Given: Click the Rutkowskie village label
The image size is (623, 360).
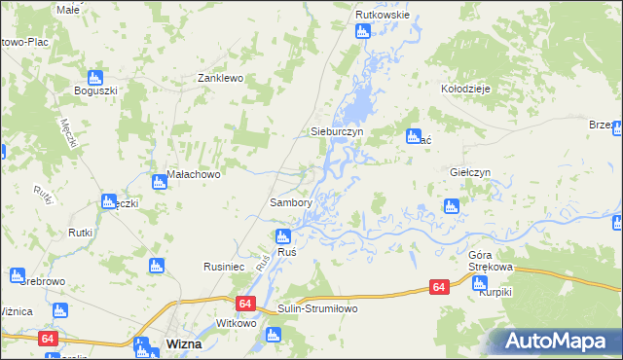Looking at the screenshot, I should (x=383, y=16).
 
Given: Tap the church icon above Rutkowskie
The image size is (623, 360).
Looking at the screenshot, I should (x=363, y=32).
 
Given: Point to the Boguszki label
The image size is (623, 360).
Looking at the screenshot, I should (x=95, y=91).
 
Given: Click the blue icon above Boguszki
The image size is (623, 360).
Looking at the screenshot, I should (x=95, y=76).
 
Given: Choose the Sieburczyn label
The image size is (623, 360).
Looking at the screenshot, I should (x=336, y=130).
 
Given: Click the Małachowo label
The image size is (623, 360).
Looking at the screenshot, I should (x=195, y=175).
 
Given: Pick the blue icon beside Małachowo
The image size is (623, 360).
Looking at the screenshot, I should (x=159, y=181).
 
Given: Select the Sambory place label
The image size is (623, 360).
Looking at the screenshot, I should (x=290, y=203).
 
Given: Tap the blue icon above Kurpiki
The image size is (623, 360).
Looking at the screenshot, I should (x=479, y=283).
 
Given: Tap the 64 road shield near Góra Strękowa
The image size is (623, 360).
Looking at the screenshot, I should (x=439, y=287).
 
